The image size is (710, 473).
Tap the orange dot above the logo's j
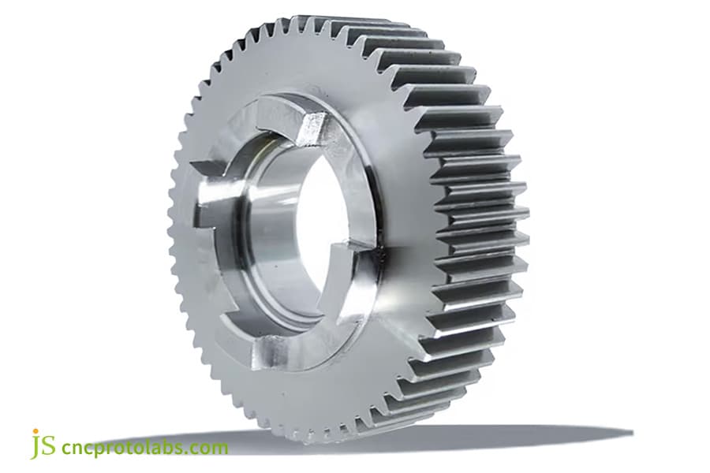[x=35, y=433]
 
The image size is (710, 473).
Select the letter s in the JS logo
[x=48, y=447]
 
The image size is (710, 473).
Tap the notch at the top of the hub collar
[x=316, y=126]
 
